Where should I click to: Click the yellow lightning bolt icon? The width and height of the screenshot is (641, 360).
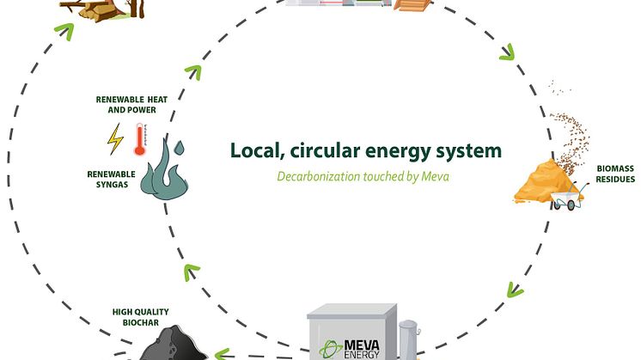(x=114, y=137)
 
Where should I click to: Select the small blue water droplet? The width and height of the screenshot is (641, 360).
(x=178, y=148)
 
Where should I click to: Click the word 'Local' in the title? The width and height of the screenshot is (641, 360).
(x=253, y=151)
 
